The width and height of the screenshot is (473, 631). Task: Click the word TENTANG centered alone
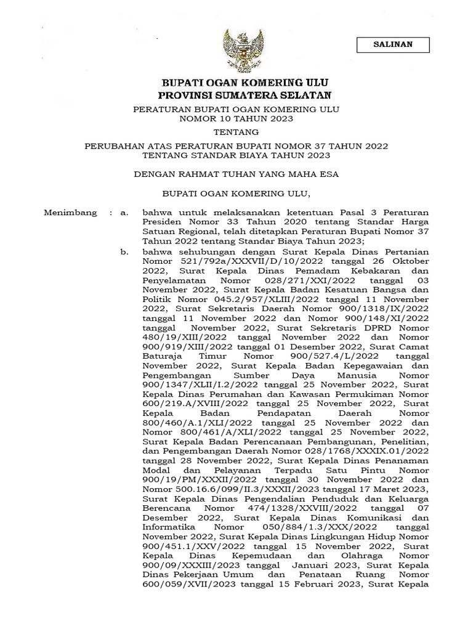(236, 132)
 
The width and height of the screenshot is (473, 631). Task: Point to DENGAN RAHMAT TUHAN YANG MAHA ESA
(236, 174)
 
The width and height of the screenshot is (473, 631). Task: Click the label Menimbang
(71, 213)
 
